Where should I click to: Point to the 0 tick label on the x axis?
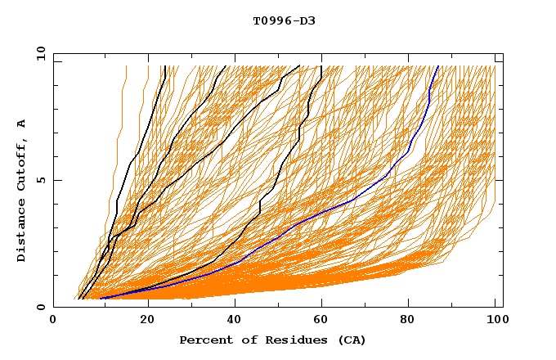pos(53,322)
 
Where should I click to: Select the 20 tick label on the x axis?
pos(148,322)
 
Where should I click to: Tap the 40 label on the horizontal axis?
pos(236,322)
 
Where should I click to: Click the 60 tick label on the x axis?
pos(325,322)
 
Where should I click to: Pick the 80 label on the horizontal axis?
pos(413,322)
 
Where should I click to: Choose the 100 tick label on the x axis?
pos(495,322)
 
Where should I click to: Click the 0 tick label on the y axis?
pos(40,307)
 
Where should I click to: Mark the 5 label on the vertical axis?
pos(40,180)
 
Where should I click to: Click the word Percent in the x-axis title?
pos(204,340)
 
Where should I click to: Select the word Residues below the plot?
pos(278,340)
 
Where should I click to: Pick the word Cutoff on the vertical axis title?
pos(21,166)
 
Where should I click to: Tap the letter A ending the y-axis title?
pos(21,124)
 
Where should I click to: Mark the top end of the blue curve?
pos(438,66)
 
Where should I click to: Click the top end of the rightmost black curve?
pos(322,66)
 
